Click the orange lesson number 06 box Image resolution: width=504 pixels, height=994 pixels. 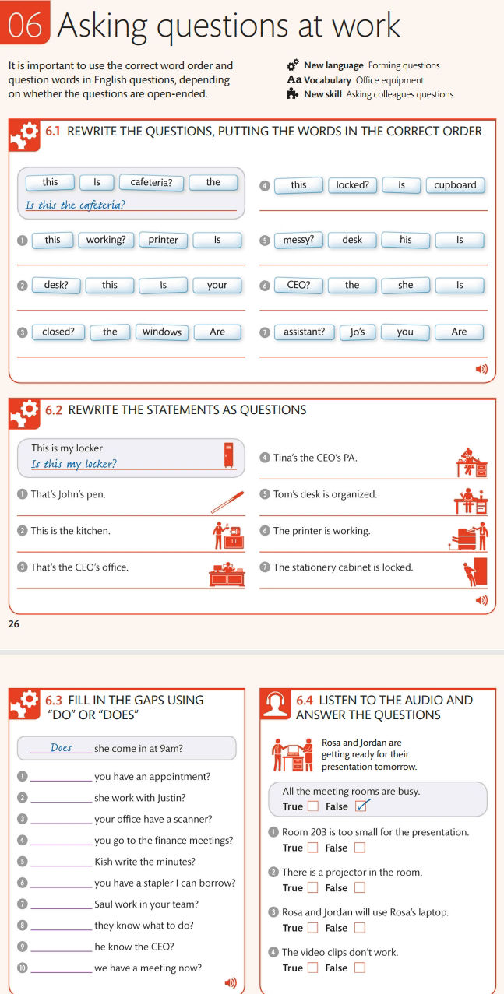(25, 25)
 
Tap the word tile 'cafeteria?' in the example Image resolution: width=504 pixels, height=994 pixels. (151, 183)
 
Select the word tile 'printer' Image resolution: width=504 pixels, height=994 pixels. (164, 240)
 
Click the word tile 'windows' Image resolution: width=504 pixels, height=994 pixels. (162, 332)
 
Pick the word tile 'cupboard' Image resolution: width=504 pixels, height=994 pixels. (455, 185)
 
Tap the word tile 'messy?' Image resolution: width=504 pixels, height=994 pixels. (298, 240)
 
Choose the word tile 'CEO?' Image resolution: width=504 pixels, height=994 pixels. (298, 286)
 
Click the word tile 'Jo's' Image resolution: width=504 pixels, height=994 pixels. (358, 332)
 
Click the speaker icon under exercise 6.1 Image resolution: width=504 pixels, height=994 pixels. (481, 369)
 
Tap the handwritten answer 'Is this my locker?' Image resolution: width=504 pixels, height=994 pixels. (74, 464)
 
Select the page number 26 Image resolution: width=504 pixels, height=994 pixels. (13, 623)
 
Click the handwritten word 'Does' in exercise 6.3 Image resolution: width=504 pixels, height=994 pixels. (62, 748)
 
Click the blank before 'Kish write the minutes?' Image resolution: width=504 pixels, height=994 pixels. (61, 862)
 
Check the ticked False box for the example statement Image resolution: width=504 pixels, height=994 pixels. (360, 806)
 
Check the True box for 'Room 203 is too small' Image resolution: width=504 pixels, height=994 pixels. (312, 848)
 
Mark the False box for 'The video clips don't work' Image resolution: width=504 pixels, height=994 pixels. (359, 968)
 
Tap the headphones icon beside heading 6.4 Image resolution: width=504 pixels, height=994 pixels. (274, 706)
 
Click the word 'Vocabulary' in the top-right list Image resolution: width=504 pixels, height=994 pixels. (327, 80)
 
